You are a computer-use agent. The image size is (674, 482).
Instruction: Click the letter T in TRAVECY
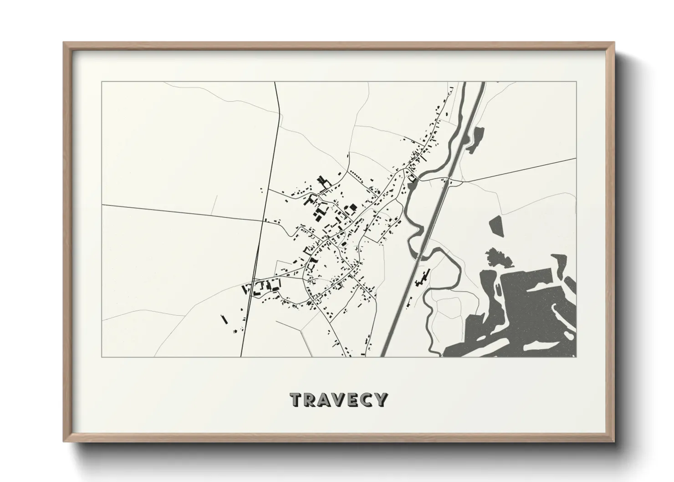click(x=296, y=400)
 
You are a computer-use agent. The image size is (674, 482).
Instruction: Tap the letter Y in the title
click(x=381, y=400)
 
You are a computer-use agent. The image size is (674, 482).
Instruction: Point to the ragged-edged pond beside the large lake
click(x=499, y=259)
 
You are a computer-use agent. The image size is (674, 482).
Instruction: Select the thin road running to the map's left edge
click(x=182, y=212)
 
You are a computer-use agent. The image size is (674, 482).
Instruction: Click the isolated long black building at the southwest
click(x=224, y=319)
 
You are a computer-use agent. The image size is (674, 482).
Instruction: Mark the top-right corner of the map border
click(x=576, y=82)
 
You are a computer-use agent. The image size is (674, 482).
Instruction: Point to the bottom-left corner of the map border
click(x=102, y=357)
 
